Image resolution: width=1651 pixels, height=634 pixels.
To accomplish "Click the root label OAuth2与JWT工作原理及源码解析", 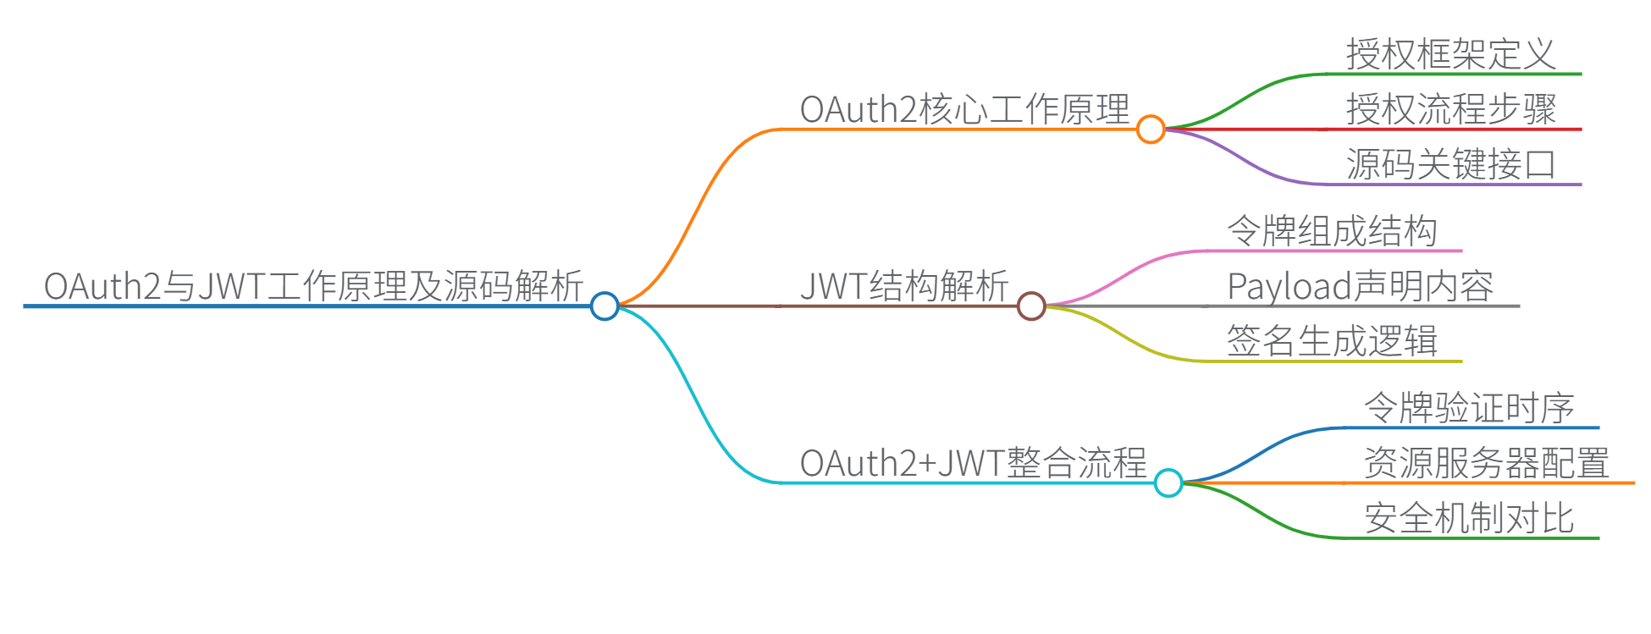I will (313, 286).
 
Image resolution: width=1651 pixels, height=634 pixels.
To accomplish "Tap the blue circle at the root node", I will (605, 306).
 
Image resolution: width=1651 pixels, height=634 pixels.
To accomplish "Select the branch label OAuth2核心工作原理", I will (964, 109).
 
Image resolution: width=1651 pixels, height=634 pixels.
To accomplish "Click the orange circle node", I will (1151, 130).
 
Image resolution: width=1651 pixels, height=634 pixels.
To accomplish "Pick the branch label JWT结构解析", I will (903, 286).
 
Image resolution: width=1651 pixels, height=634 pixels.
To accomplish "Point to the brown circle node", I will (1031, 306).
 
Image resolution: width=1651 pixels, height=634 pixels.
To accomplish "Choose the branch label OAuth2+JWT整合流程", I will (973, 463).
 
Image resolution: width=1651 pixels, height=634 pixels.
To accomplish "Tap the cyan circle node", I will (1168, 482).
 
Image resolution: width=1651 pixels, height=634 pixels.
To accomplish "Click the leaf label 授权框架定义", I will (1451, 54).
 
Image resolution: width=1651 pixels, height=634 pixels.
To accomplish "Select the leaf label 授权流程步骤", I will (1451, 109).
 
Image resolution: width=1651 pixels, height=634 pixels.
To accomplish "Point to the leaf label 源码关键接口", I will (1451, 164).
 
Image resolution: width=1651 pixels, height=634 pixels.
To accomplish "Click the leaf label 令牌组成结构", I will (1333, 231).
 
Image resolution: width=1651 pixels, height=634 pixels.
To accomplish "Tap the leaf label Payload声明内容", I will (1361, 286).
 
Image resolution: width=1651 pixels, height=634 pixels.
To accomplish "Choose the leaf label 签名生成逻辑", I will (1333, 341).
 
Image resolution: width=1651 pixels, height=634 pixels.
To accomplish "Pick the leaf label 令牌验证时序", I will (1469, 408).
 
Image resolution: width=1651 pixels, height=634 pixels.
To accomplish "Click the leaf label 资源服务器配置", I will (1487, 463).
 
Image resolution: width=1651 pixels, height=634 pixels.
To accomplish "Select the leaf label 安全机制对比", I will (1469, 518).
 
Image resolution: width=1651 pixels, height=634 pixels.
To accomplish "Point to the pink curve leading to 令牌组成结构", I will (1126, 273).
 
